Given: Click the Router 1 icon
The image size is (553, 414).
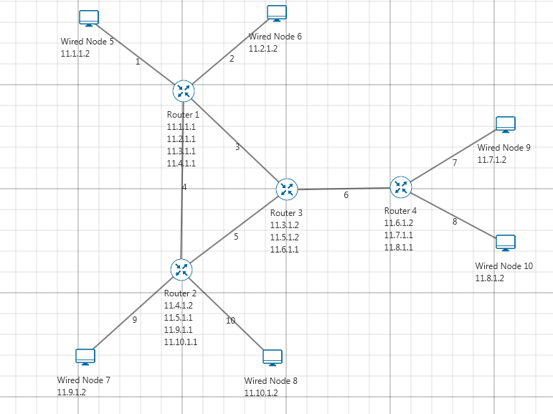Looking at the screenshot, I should [184, 90].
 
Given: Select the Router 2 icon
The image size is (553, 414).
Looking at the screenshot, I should [181, 269].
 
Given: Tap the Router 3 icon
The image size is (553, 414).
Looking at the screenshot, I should [287, 189].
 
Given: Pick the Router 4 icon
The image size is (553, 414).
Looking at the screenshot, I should [400, 187].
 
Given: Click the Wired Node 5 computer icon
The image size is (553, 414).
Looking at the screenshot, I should [89, 19].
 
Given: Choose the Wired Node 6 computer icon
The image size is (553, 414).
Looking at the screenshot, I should [277, 14].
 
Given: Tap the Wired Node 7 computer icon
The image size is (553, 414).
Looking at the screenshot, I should [85, 357].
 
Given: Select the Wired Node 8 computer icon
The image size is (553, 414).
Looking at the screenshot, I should [273, 357].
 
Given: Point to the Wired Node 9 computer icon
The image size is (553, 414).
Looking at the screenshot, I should [506, 125].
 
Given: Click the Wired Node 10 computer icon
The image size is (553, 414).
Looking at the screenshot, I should [506, 243].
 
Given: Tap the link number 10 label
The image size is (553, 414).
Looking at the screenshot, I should [230, 321].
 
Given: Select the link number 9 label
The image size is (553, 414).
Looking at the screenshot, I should [134, 320].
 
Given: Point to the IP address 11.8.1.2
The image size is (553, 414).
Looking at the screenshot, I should [490, 278].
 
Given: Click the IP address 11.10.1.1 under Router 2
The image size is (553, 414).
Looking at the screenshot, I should [181, 342].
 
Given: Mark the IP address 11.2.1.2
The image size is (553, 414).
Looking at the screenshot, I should [263, 49].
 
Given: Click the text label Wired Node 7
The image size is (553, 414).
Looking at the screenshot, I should [84, 380].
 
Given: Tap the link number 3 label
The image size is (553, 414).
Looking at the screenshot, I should [237, 148].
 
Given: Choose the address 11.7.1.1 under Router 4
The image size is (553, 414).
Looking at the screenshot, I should [399, 235].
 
